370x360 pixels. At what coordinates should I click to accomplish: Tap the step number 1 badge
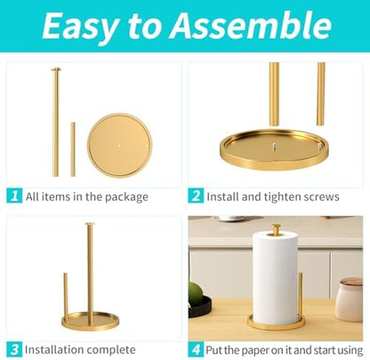point(14,196)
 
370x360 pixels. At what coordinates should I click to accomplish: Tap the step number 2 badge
point(196,196)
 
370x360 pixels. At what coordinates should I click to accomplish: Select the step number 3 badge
point(14,349)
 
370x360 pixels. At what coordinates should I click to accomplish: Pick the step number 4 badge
point(196,349)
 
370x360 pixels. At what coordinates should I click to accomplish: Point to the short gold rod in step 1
point(73,150)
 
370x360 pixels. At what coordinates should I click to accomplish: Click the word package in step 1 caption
point(125,197)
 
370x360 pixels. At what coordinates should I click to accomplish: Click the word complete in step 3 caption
point(112,349)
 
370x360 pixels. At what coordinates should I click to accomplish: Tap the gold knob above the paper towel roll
point(277,229)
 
